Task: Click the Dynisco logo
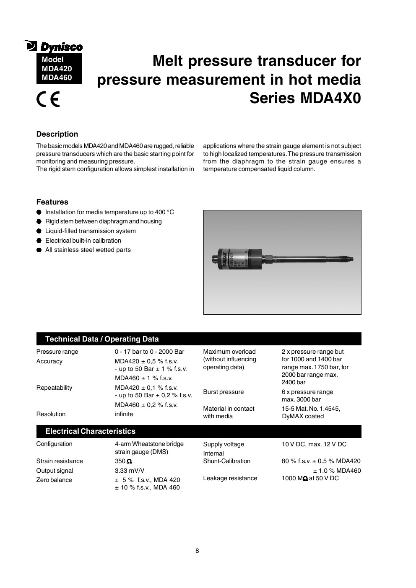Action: [x=53, y=46]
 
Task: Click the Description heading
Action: [x=57, y=134]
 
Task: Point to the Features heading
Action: [x=52, y=202]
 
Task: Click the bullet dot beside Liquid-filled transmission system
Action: [x=39, y=231]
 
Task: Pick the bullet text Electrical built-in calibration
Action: [x=83, y=241]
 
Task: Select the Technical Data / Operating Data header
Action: [x=102, y=339]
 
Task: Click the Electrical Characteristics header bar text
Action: [x=90, y=431]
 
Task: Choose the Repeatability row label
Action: [x=54, y=388]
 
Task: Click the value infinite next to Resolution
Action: [x=124, y=414]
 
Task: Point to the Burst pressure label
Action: [x=223, y=392]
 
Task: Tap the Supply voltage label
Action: [x=223, y=444]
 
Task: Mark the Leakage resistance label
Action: [x=230, y=478]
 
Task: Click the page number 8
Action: [x=197, y=551]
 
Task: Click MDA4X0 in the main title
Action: [x=330, y=98]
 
